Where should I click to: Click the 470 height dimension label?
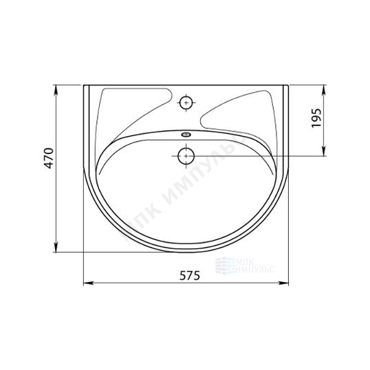tap(50, 158)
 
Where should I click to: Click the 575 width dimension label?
tap(190, 275)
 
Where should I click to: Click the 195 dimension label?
tap(316, 118)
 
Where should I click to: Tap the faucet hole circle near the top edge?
tap(186, 102)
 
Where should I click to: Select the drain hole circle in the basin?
tap(186, 156)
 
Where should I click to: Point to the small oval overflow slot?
tap(186, 135)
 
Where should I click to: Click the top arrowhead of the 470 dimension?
tap(56, 89)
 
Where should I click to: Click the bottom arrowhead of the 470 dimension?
tap(56, 247)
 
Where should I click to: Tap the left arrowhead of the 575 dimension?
tap(89, 283)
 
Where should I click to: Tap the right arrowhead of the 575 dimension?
tap(284, 283)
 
